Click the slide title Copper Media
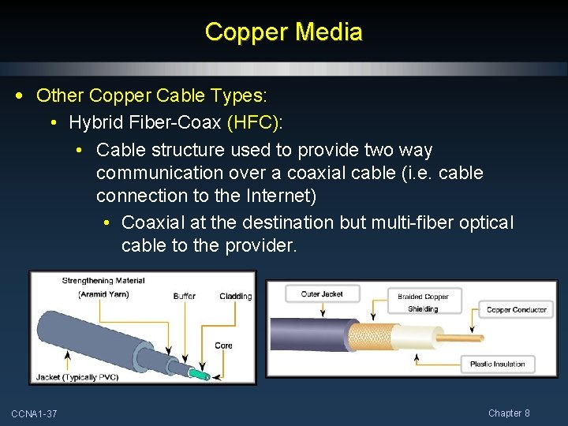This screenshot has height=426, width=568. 283,32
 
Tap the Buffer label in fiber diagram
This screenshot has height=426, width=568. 185,296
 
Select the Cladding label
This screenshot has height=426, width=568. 235,297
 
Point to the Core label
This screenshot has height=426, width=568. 223,346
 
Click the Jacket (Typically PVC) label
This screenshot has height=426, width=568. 77,377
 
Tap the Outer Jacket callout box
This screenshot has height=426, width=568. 322,294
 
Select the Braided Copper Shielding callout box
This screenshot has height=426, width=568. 423,303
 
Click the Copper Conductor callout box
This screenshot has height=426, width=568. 516,310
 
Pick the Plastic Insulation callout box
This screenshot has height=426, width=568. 497,364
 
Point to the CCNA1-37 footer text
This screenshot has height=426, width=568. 34,414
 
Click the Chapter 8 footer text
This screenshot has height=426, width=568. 509,413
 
